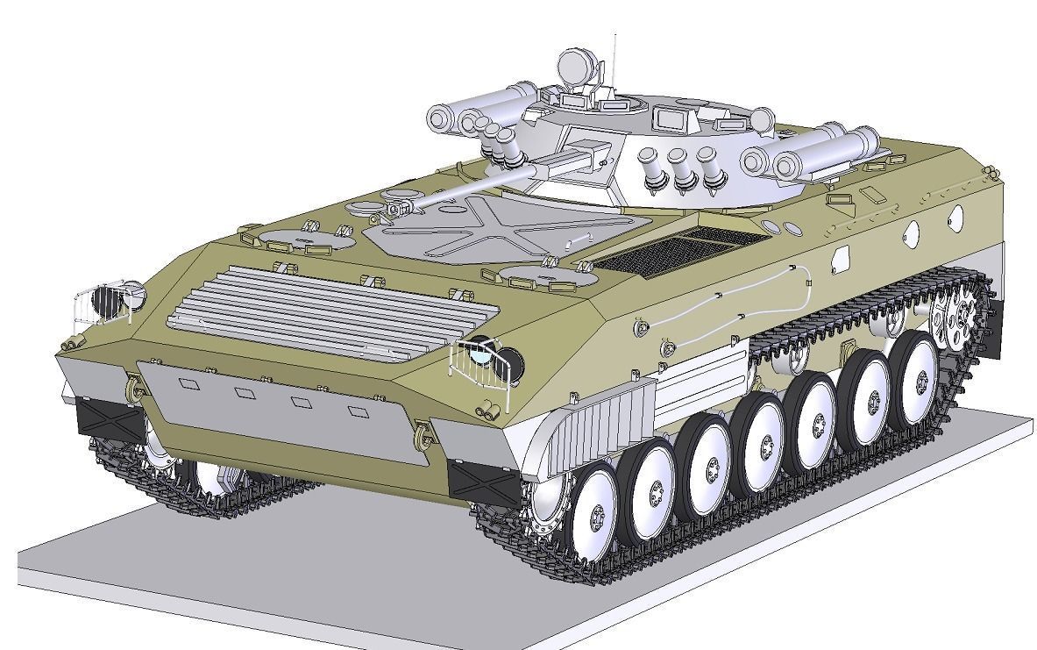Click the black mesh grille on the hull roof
click(671, 250)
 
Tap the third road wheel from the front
click(709, 460)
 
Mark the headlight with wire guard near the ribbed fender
click(481, 357)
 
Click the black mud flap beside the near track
click(481, 483)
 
